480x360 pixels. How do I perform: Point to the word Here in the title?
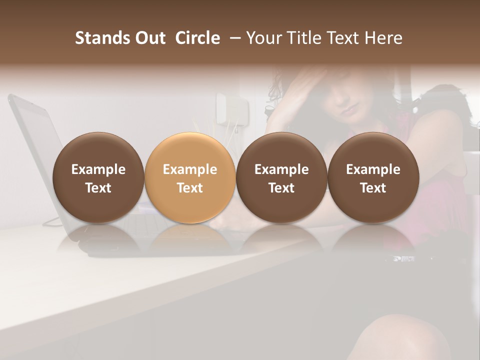(384, 38)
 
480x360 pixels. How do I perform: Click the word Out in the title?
(148, 38)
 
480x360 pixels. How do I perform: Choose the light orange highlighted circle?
(190, 177)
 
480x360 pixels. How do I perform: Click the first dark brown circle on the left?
(98, 177)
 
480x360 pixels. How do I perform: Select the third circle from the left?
(281, 177)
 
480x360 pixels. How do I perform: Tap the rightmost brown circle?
(373, 177)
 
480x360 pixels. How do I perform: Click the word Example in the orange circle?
(190, 169)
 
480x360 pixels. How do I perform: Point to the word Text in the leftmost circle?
(98, 188)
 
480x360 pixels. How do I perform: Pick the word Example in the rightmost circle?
(373, 169)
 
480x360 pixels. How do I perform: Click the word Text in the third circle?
(281, 188)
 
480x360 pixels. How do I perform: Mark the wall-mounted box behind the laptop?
(231, 107)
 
